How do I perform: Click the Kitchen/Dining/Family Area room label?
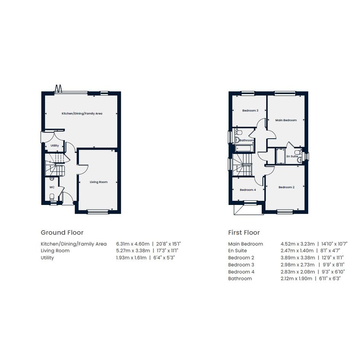pyautogui.click(x=82, y=114)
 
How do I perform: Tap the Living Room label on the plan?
pyautogui.click(x=99, y=182)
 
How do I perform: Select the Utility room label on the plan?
pyautogui.click(x=54, y=146)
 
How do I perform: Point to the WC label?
pyautogui.click(x=52, y=187)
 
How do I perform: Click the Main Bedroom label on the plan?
pyautogui.click(x=286, y=120)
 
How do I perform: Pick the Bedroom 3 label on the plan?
pyautogui.click(x=250, y=110)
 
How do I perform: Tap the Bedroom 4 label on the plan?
pyautogui.click(x=248, y=190)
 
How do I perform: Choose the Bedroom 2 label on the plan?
pyautogui.click(x=286, y=187)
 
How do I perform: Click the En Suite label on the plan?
pyautogui.click(x=292, y=156)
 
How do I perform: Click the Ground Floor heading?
pyautogui.click(x=62, y=233)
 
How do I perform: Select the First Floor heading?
pyautogui.click(x=244, y=233)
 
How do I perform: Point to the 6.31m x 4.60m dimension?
pyautogui.click(x=133, y=244)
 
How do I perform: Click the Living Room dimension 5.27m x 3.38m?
pyautogui.click(x=133, y=251)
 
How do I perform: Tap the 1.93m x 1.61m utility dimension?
pyautogui.click(x=131, y=258)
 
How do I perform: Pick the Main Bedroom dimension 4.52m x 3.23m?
pyautogui.click(x=298, y=244)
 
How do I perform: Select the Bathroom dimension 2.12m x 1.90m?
pyautogui.click(x=296, y=278)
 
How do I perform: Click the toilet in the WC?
pyautogui.click(x=52, y=197)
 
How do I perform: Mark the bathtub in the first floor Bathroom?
pyautogui.click(x=245, y=149)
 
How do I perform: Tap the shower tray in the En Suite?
pyautogui.click(x=280, y=156)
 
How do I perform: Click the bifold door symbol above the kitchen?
pyautogui.click(x=58, y=89)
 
